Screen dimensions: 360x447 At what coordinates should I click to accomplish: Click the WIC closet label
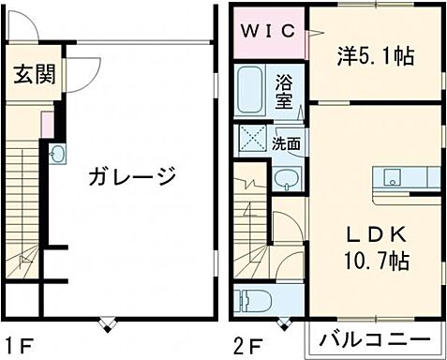click(x=270, y=30)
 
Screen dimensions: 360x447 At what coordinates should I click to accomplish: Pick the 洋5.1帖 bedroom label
click(x=375, y=56)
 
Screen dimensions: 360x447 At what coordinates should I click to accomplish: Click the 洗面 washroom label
click(x=287, y=144)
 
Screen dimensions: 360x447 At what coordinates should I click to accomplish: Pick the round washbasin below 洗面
click(x=288, y=178)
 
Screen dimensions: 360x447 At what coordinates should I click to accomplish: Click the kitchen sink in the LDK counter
click(x=393, y=176)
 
